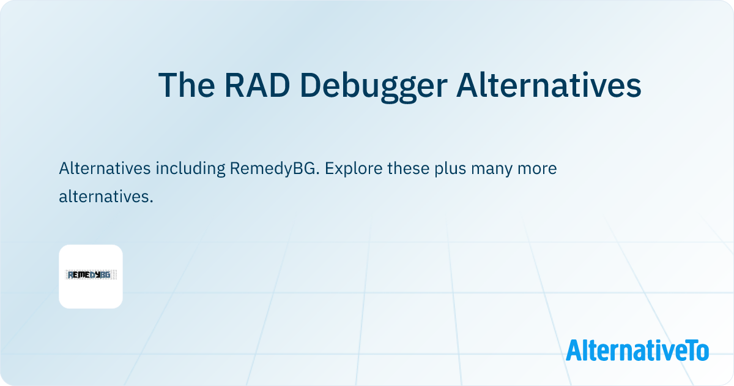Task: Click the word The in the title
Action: pos(187,85)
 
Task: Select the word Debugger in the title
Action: pos(374,87)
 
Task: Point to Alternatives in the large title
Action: pos(549,85)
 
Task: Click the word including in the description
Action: pos(190,168)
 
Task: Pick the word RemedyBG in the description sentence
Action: pos(275,168)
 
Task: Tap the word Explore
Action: pos(354,168)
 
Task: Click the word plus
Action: pos(450,168)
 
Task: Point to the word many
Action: pos(492,170)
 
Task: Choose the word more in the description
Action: pos(537,170)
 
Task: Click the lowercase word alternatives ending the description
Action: pos(106,196)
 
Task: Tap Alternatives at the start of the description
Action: pos(105,168)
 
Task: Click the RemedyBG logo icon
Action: pos(91,276)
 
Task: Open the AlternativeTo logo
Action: pos(637,350)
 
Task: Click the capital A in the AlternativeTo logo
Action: pos(574,350)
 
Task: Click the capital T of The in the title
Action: pos(168,85)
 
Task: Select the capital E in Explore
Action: pos(330,168)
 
